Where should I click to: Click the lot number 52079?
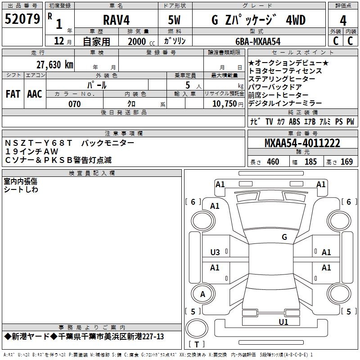click(x=22, y=19)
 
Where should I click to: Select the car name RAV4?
click(x=117, y=20)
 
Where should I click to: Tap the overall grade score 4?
click(x=343, y=21)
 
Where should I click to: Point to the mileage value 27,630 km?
click(x=54, y=65)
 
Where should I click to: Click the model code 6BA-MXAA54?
click(x=258, y=41)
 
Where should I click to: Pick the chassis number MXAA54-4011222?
click(x=302, y=143)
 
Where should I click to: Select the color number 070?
click(x=75, y=104)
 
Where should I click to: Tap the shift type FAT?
click(x=13, y=94)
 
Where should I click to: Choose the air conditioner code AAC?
click(x=35, y=94)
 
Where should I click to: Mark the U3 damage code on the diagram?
click(x=215, y=252)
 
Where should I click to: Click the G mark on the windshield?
click(x=284, y=237)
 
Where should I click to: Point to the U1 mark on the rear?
click(x=283, y=322)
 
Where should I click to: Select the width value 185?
click(x=310, y=162)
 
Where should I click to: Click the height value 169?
click(x=346, y=162)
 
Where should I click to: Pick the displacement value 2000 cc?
click(x=141, y=41)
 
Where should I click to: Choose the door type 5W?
click(x=174, y=20)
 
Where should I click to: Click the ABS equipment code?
click(x=294, y=121)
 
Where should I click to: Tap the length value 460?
click(x=273, y=162)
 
